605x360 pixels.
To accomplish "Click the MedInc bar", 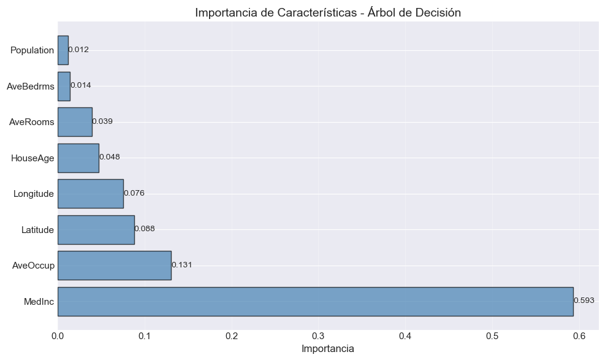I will click(315, 301).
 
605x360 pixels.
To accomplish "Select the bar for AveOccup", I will click(115, 266).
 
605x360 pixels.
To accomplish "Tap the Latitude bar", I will click(96, 229).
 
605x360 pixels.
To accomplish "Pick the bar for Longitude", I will click(91, 194).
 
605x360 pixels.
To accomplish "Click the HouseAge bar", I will click(78, 158).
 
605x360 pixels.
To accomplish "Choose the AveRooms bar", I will click(75, 122).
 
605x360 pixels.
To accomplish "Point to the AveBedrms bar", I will click(64, 86).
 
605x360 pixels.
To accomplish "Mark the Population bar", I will click(63, 50).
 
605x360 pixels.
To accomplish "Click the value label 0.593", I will click(584, 301).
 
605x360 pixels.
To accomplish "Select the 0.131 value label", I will click(182, 265).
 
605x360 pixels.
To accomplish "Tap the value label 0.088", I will click(145, 229).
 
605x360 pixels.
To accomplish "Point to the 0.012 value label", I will click(78, 50).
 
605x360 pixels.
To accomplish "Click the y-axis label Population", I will click(32, 50).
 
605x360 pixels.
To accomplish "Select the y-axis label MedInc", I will click(39, 301).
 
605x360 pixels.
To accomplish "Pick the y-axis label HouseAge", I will click(32, 158).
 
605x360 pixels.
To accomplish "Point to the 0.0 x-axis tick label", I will click(58, 336).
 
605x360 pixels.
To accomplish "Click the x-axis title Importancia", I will click(328, 349).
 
